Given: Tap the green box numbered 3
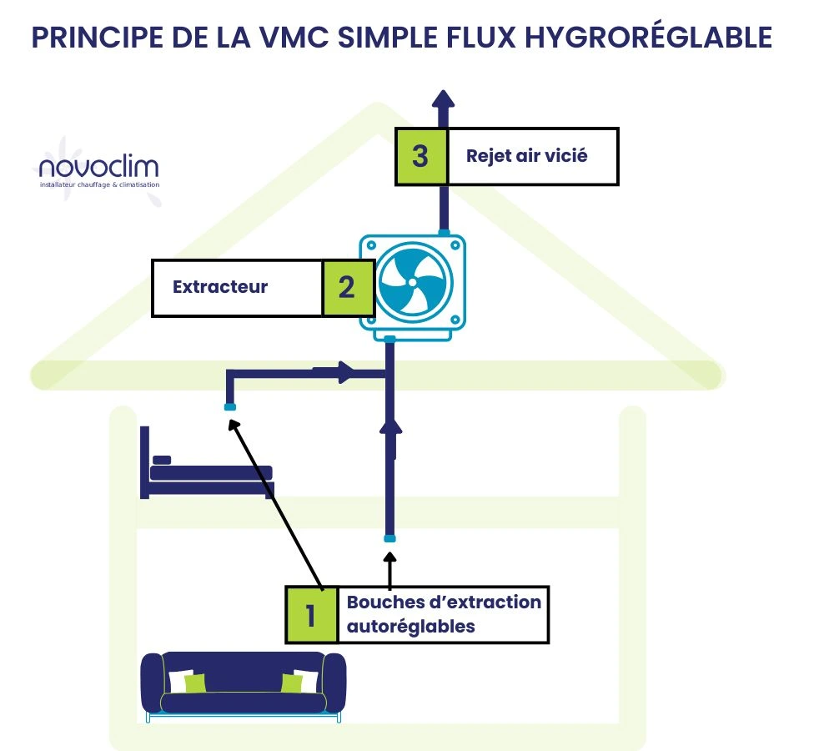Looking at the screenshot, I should (x=421, y=156).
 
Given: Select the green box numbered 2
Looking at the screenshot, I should (x=346, y=288).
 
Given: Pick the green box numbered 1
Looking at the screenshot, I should (x=311, y=615).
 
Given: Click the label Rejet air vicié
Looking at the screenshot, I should (x=526, y=156).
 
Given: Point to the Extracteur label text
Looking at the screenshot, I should (x=220, y=287).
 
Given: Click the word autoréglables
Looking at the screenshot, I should (x=410, y=626).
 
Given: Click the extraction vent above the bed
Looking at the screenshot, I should (x=230, y=407).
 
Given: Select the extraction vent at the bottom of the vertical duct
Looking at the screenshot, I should (x=389, y=538).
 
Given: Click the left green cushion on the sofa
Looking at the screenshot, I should (x=193, y=683).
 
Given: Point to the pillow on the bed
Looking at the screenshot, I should (x=163, y=460).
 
